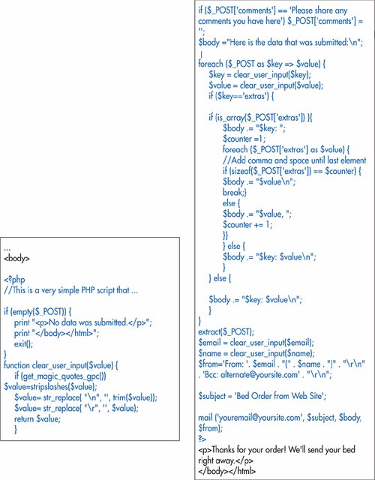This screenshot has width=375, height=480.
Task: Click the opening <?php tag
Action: [14, 280]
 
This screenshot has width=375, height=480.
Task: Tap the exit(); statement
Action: [23, 344]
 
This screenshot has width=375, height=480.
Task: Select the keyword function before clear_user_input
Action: [16, 365]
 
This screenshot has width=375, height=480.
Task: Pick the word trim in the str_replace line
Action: [119, 397]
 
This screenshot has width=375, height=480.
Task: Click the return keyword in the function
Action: [24, 418]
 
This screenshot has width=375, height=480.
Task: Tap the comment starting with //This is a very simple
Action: [71, 290]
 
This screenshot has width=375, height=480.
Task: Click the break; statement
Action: [233, 192]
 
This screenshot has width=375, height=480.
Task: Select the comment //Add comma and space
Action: [295, 160]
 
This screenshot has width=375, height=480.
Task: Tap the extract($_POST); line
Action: [226, 331]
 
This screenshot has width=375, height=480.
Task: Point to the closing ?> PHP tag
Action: [202, 439]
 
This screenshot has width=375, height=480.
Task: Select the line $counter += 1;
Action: [247, 225]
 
